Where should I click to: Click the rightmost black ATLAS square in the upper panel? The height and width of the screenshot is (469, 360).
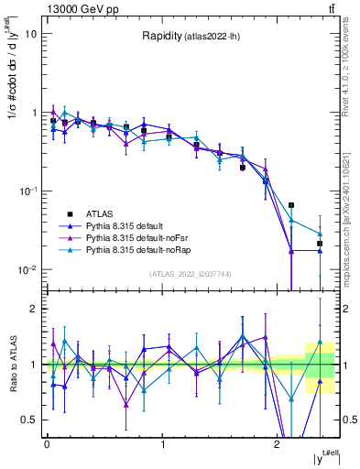point(320,244)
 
